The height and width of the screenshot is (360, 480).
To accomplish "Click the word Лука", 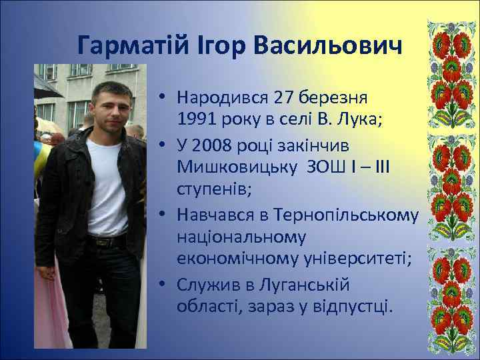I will [x=344, y=120].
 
